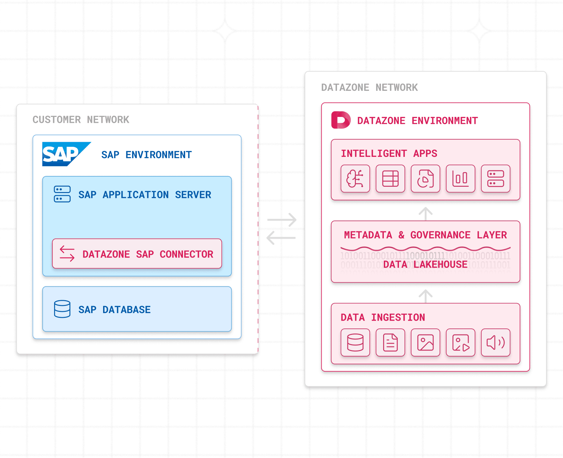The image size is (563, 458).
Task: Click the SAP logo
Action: (64, 154)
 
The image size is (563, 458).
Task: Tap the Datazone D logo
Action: (341, 120)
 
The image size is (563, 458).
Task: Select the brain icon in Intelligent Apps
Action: (355, 179)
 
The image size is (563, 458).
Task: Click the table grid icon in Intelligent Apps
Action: (390, 179)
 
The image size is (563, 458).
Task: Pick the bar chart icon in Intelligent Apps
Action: (460, 179)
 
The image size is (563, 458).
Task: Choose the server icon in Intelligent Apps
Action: (495, 179)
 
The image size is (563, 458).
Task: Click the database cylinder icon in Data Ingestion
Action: (355, 342)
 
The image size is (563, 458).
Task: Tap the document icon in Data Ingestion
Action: (390, 342)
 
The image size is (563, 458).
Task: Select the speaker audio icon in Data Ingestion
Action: (495, 342)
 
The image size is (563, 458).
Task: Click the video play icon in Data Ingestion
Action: (460, 342)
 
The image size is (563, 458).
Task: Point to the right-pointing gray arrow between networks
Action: (282, 220)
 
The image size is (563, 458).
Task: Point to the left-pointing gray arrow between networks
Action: (281, 238)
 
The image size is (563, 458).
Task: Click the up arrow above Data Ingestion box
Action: (426, 296)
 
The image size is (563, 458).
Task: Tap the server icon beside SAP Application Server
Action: (62, 194)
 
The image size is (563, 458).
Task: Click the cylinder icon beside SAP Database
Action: (62, 309)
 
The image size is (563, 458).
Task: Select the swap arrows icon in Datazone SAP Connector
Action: (67, 254)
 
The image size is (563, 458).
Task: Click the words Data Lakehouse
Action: (425, 264)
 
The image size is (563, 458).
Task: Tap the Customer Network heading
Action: (81, 119)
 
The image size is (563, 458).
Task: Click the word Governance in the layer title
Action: (440, 235)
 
